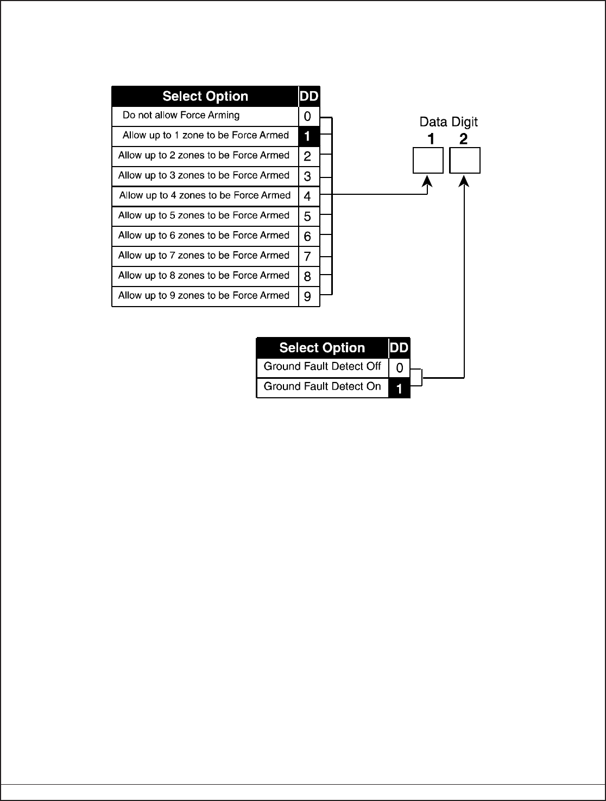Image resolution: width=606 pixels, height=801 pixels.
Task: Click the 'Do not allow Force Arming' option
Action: tap(181, 116)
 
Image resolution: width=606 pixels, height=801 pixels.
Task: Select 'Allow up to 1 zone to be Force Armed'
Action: tap(205, 136)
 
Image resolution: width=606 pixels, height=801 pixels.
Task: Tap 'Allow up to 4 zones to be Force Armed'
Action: tap(205, 195)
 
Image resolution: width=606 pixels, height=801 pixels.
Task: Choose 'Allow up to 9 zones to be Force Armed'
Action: tap(204, 296)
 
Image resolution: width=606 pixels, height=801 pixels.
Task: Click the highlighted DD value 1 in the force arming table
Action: tap(308, 136)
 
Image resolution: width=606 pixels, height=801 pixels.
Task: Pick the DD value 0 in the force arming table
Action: tap(308, 116)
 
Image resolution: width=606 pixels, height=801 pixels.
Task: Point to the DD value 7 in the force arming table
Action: tap(308, 256)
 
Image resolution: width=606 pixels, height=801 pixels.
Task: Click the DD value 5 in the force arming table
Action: tap(308, 216)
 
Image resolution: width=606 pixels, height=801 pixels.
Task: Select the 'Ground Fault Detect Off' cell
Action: tap(323, 367)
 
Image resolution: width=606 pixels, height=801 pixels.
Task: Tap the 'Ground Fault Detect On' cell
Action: tap(323, 387)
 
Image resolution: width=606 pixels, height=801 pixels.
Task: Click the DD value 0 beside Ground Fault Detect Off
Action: tap(400, 368)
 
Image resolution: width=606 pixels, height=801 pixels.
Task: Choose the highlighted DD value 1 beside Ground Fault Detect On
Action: tap(400, 389)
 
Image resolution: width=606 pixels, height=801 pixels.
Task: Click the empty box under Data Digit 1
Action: tap(428, 161)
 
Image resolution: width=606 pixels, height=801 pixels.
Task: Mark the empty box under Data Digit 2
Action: tap(465, 161)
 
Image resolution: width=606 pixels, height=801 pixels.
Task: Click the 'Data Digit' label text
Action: tap(449, 123)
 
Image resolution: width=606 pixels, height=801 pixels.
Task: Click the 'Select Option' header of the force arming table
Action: tap(205, 97)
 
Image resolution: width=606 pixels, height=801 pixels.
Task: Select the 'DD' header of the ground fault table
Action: tap(400, 348)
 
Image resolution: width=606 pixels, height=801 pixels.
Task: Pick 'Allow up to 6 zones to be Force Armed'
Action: tap(204, 236)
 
